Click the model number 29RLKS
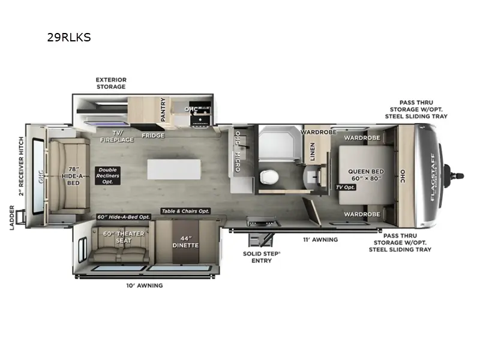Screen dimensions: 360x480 pos(69,37)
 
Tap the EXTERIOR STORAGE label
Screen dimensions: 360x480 pos(111,83)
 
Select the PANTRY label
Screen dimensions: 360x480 pos(162,110)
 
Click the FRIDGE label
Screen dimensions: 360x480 pos(153,135)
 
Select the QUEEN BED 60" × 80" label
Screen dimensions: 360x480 pos(366,175)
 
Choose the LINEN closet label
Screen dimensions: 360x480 pos(313,152)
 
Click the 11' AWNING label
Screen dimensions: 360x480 pos(321,239)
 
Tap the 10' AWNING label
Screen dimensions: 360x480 pos(144,285)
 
